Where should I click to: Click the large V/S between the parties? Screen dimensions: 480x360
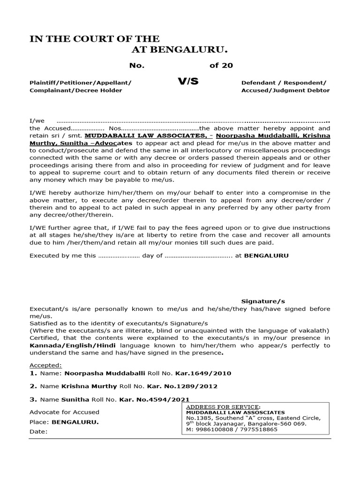click(x=188, y=82)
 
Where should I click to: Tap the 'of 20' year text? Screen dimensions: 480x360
click(x=221, y=66)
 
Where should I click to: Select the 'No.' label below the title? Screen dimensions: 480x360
click(x=136, y=66)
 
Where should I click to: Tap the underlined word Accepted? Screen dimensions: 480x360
click(x=45, y=365)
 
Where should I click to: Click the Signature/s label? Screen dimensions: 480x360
click(x=263, y=301)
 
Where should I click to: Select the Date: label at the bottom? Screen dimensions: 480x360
click(x=38, y=431)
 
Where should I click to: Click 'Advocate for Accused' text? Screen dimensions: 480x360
click(x=64, y=412)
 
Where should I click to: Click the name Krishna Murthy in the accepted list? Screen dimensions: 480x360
click(x=86, y=386)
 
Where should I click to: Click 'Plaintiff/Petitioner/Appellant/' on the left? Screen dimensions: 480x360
click(x=80, y=82)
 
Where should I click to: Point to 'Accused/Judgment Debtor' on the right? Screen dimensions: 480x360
click(x=285, y=90)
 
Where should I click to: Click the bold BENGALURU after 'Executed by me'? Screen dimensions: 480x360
click(x=267, y=256)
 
